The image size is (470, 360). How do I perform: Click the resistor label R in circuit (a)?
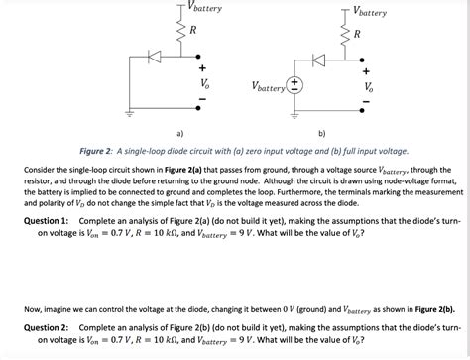click(193, 32)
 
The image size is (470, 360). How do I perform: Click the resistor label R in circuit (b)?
click(358, 35)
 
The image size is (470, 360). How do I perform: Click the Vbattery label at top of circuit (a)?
click(203, 8)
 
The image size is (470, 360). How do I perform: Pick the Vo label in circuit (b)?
click(370, 86)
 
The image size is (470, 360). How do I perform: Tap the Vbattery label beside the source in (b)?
click(266, 86)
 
